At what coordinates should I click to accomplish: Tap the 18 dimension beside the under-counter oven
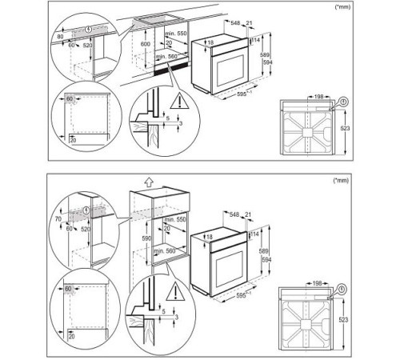[210, 42]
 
